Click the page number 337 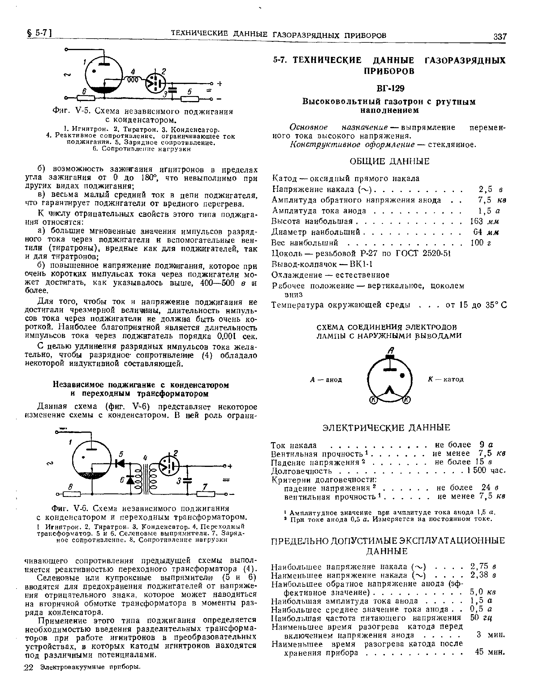pos(500,37)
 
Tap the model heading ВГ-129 pos(390,88)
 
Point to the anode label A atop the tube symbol pos(391,351)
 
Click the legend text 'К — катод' pos(446,379)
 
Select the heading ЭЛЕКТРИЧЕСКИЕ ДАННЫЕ pos(387,427)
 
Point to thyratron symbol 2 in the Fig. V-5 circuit pos(156,83)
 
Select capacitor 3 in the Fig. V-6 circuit pos(187,480)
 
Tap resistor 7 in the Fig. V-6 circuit pos(205,494)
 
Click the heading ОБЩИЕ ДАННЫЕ pos(390,161)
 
